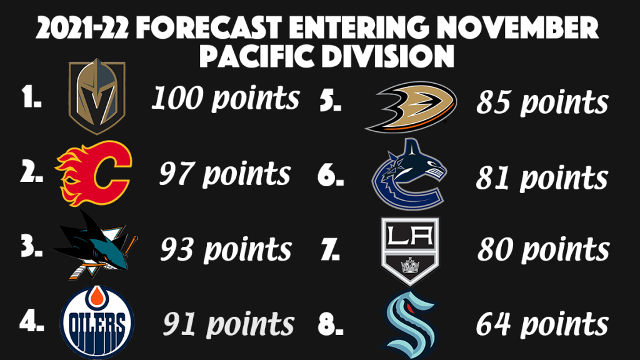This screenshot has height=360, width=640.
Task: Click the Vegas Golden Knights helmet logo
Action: pos(97,96)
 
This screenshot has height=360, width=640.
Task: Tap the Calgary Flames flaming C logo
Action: pos(93,174)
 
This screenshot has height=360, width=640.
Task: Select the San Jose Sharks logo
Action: pos(94,245)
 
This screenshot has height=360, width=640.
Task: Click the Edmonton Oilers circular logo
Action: pos(97,322)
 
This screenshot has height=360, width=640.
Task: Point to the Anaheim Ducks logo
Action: pos(411,107)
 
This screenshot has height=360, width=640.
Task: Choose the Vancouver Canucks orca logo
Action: pos(409,175)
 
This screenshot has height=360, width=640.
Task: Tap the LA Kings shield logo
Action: pos(410,251)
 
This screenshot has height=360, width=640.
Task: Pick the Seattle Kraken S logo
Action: pos(410,324)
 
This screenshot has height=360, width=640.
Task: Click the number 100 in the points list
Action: pos(177,98)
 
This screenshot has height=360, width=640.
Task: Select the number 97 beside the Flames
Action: pos(176,174)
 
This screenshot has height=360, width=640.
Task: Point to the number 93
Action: pos(176,249)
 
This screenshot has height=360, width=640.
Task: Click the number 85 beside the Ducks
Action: pos(493,102)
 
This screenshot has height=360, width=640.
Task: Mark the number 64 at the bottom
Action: pos(493,324)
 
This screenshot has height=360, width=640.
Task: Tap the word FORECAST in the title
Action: pos(209,27)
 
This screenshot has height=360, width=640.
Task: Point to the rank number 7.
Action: pos(329,250)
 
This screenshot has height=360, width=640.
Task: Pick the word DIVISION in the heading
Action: pos(387,55)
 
